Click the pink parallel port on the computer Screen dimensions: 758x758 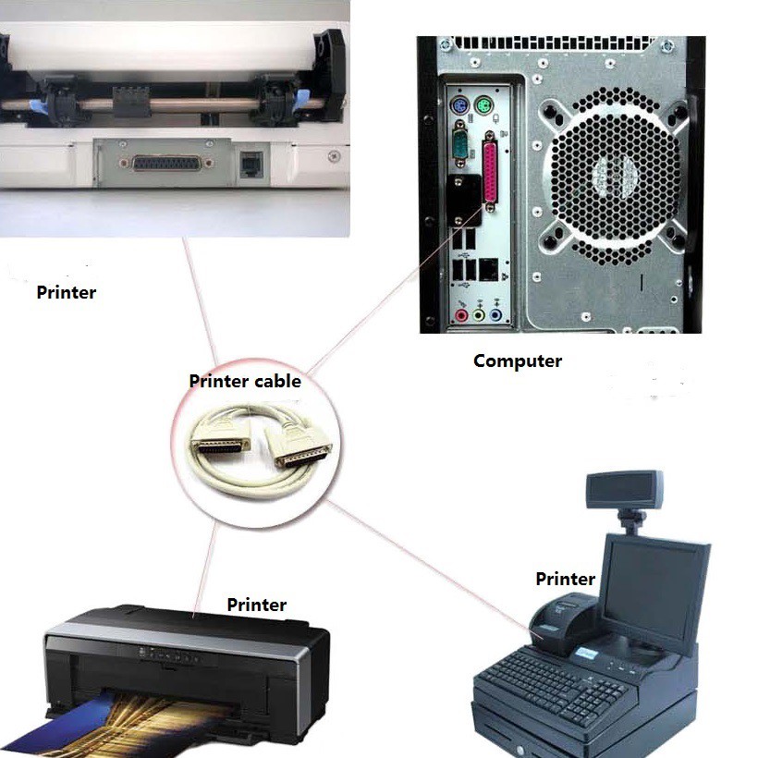490,171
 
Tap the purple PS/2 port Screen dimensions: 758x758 459,104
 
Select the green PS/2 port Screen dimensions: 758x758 483,104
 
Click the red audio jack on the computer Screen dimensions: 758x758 461,315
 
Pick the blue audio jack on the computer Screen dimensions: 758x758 496,315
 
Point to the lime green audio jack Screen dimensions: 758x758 479,315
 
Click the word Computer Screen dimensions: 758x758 518,361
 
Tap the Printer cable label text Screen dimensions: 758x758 245,382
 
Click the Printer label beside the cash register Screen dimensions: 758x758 565,579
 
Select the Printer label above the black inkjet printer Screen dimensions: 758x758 257,605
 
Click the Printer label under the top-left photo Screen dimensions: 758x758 67,292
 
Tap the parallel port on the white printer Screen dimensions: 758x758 166,164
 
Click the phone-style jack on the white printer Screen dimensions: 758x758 251,164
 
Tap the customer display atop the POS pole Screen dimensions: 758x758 624,490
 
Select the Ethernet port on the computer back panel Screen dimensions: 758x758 488,270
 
